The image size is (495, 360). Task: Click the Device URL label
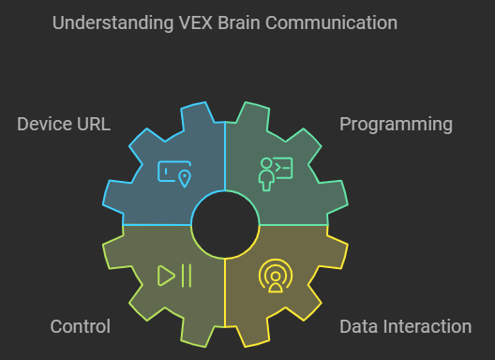click(x=64, y=124)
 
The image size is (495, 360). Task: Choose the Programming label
click(x=396, y=124)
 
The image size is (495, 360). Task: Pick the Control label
click(x=80, y=326)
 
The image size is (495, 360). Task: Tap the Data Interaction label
click(x=405, y=326)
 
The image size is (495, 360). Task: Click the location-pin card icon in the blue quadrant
click(x=174, y=174)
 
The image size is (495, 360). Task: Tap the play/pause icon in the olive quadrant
click(x=174, y=275)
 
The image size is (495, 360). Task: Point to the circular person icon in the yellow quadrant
click(x=275, y=276)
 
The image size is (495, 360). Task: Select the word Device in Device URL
click(x=43, y=124)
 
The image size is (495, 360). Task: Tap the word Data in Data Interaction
click(x=357, y=326)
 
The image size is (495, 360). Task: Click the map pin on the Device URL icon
click(x=184, y=178)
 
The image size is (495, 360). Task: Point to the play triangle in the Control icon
click(x=166, y=275)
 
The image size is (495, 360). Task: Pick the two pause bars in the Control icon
click(x=186, y=275)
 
